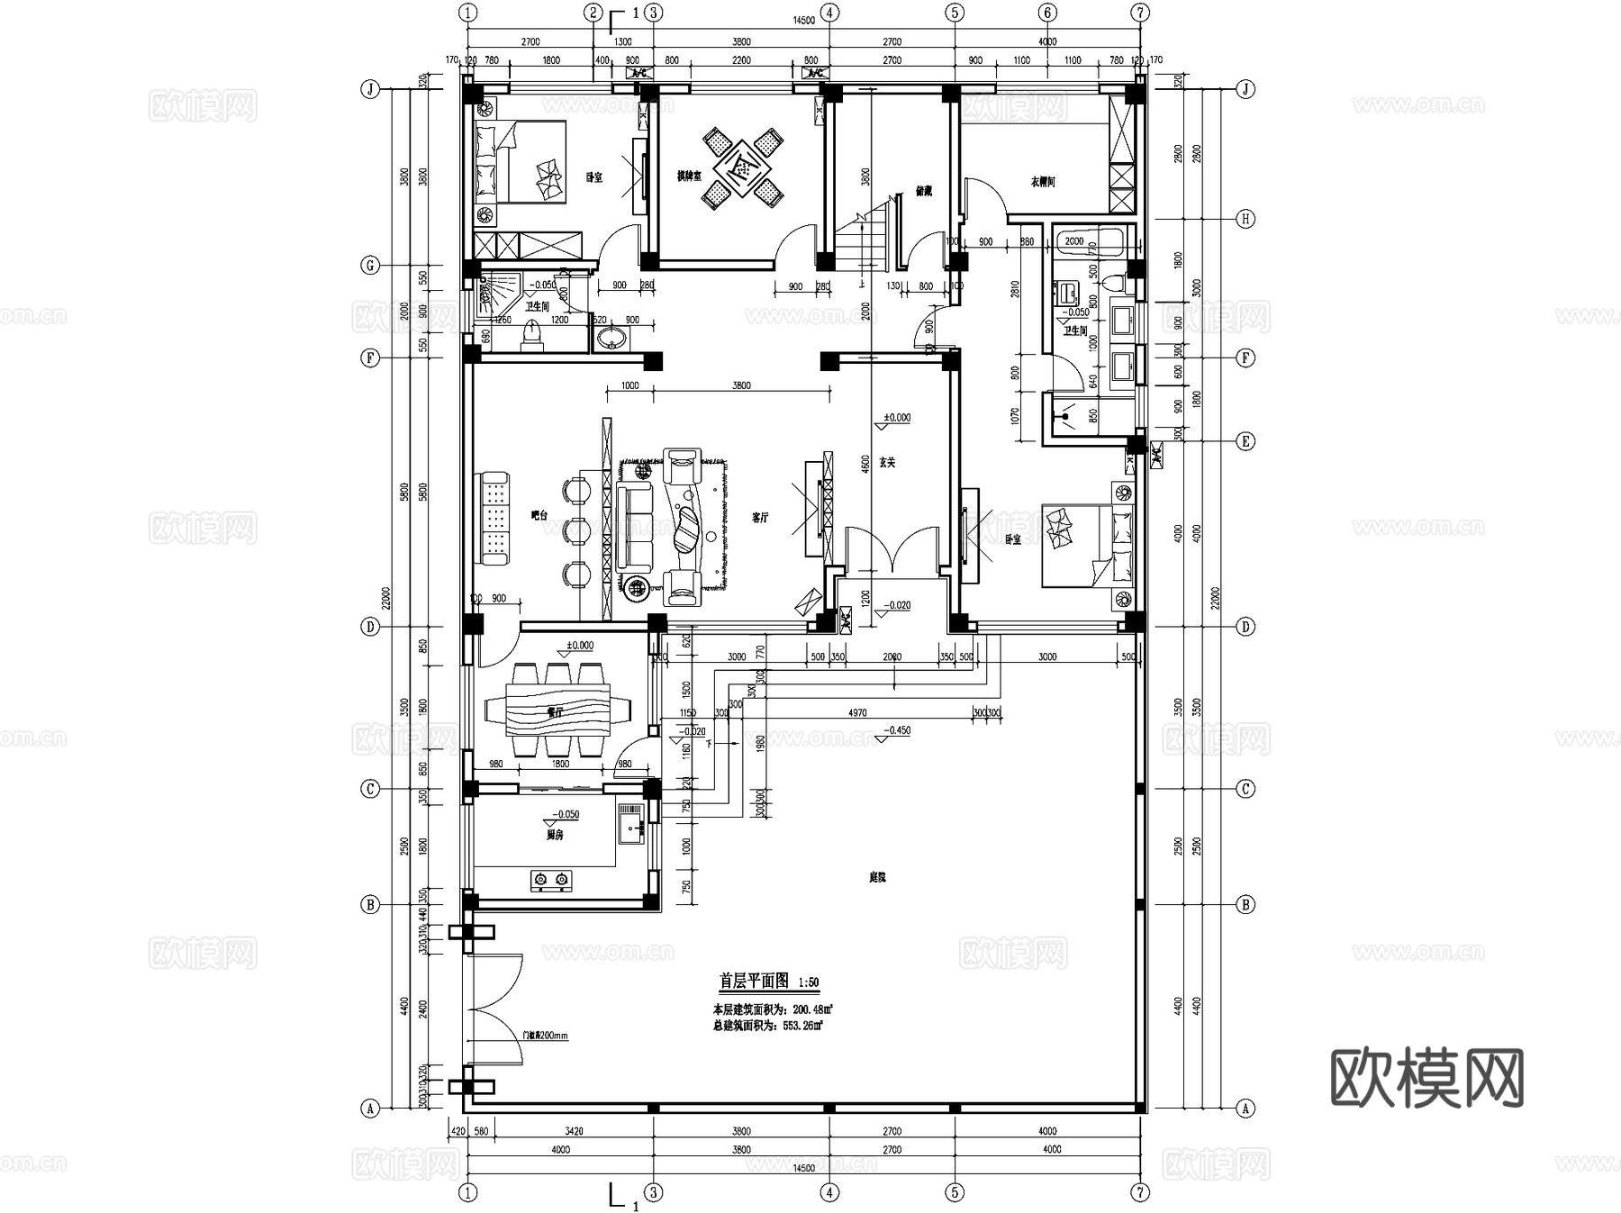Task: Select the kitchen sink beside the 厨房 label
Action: point(629,825)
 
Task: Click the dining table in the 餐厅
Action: point(557,711)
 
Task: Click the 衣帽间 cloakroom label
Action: point(1042,182)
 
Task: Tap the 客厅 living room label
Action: point(760,518)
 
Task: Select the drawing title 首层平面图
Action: point(754,981)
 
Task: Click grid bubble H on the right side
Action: point(1245,219)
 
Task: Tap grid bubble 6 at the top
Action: point(1046,13)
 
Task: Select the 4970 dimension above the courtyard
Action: point(856,712)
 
